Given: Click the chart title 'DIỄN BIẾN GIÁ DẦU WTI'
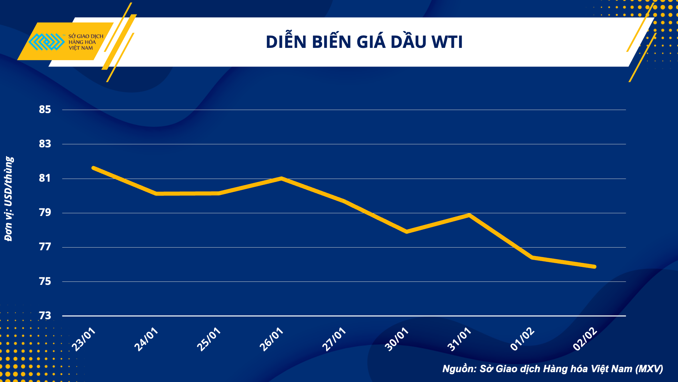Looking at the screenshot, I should click(364, 42).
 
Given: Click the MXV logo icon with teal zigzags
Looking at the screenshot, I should click(46, 42).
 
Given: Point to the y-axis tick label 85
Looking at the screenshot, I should click(45, 109).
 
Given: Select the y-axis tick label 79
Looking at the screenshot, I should click(45, 213).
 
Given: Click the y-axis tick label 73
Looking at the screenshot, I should click(45, 315).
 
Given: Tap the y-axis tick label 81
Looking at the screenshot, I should click(45, 178).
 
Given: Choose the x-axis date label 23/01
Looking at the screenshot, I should click(84, 339).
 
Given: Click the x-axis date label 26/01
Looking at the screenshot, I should click(271, 339).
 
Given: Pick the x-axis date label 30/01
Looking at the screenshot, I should click(397, 339).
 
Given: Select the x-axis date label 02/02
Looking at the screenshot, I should click(584, 339).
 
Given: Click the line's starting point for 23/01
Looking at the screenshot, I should click(93, 168).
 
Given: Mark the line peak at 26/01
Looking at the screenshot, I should click(281, 178).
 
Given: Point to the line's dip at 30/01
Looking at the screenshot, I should click(406, 232).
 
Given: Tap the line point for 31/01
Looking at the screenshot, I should click(469, 215).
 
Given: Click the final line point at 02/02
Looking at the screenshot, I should click(594, 267).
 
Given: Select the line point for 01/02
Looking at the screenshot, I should click(532, 257).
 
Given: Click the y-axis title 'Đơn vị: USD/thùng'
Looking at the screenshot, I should click(8, 199).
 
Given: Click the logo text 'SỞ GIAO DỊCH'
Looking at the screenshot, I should click(86, 36).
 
